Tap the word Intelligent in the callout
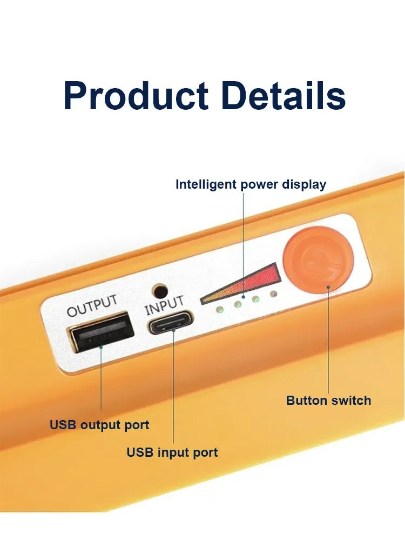coord(206,184)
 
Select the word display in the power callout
coord(304,184)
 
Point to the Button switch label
coord(328,401)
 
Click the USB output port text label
coord(99,425)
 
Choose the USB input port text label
coord(172,452)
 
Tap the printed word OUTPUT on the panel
coord(92,306)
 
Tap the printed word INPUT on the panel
coord(165,305)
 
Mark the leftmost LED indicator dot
coord(219,310)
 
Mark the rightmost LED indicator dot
coord(274,294)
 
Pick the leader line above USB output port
coord(101,378)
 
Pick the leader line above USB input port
coord(173,389)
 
